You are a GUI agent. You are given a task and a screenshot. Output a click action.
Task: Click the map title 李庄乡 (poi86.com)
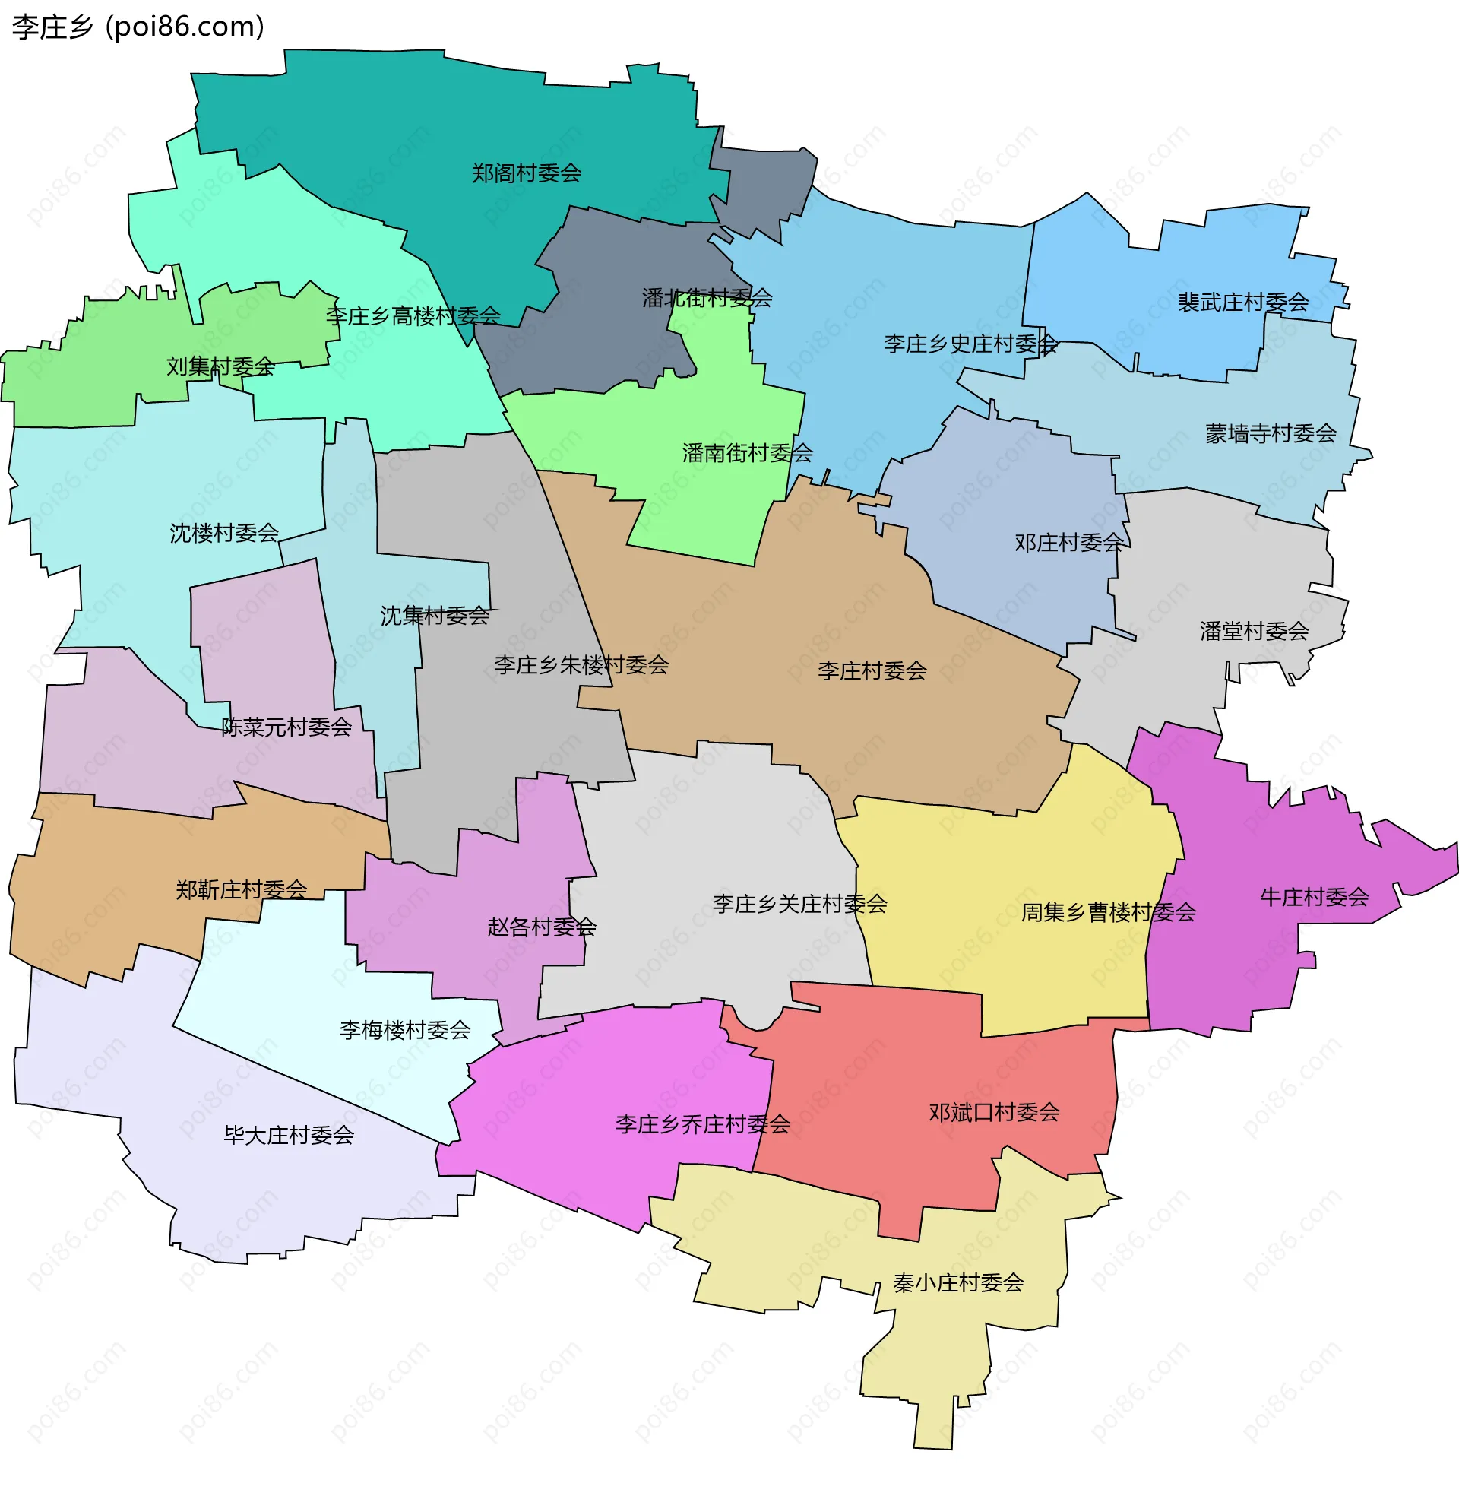tap(138, 27)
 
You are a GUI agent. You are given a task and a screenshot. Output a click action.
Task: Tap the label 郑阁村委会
tap(527, 173)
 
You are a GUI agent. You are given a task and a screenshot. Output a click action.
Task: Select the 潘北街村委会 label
tap(707, 297)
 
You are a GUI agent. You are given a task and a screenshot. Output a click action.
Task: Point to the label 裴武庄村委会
tap(1243, 302)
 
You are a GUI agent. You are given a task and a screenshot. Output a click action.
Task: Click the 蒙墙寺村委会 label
tap(1271, 434)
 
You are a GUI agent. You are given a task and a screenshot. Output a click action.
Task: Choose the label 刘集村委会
tap(220, 366)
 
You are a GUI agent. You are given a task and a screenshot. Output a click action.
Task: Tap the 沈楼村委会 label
tap(223, 533)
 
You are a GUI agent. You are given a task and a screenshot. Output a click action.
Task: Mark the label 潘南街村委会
tap(747, 453)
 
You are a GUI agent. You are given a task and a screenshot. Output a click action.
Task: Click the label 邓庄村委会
tap(1069, 543)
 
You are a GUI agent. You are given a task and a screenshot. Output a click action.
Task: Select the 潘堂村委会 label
tap(1254, 631)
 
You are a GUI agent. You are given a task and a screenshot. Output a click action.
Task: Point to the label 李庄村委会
tap(872, 670)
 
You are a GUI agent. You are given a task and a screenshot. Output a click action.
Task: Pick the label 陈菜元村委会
tap(286, 727)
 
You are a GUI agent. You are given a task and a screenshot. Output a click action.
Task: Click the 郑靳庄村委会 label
tap(242, 889)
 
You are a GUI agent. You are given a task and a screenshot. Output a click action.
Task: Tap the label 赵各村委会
tap(542, 927)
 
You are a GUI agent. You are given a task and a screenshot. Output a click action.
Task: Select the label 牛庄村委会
tap(1314, 897)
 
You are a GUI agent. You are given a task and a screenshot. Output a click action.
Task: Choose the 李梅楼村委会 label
tap(404, 1029)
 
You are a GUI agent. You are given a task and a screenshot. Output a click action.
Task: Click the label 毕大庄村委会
tap(289, 1135)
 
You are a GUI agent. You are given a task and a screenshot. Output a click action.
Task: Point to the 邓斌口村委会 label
tap(994, 1112)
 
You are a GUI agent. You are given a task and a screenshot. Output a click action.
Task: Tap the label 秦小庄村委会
tap(958, 1282)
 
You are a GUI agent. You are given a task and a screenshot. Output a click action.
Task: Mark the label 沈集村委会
tap(435, 616)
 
